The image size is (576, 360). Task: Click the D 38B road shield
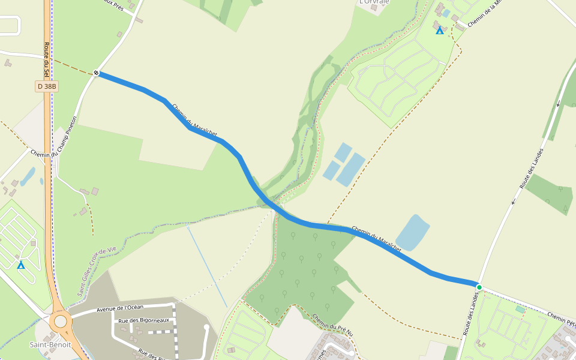point(47,86)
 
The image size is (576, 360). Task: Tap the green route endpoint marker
point(479,287)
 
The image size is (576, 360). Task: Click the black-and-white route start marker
point(97,73)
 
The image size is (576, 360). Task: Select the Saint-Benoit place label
point(50,344)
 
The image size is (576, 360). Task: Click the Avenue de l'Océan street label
point(116,308)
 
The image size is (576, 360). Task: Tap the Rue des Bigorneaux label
point(143,320)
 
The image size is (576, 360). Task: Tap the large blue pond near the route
point(413,233)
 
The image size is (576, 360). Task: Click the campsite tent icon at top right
point(440,30)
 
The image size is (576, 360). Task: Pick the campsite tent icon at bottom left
point(21,265)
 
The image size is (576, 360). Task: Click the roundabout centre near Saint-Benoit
point(61,322)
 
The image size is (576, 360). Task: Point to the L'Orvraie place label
point(374,2)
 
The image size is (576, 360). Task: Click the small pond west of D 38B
point(28,176)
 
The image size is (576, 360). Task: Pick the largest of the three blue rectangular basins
point(351,169)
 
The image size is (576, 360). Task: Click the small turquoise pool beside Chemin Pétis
point(520,309)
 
